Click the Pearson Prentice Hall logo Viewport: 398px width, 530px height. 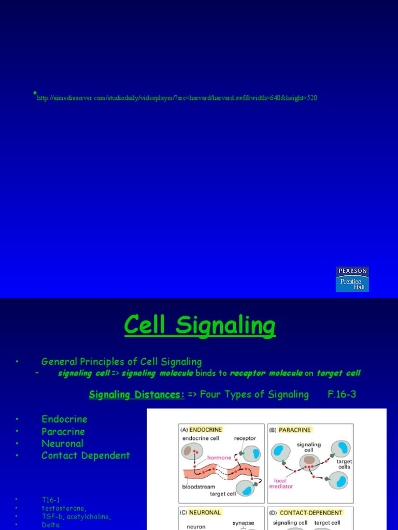tap(352, 279)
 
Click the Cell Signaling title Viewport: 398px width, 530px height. tap(200, 326)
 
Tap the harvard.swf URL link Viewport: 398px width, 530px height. tap(177, 98)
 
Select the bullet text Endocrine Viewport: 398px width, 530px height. tap(64, 419)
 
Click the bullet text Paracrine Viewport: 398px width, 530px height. tap(63, 432)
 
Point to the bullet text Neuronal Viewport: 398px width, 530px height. tap(62, 444)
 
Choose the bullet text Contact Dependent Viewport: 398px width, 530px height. tap(86, 455)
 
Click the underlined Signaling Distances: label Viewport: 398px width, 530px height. tap(137, 394)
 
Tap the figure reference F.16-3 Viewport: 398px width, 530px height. tap(342, 394)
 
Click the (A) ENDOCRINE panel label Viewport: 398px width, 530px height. tap(201, 430)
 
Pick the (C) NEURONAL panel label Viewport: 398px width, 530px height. tap(201, 512)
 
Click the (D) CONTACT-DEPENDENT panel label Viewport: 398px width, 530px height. tap(306, 512)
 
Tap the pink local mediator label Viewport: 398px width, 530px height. tap(282, 483)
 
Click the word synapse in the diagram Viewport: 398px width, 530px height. tap(243, 523)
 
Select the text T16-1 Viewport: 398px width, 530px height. tap(51, 499)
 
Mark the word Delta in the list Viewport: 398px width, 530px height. tap(51, 525)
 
